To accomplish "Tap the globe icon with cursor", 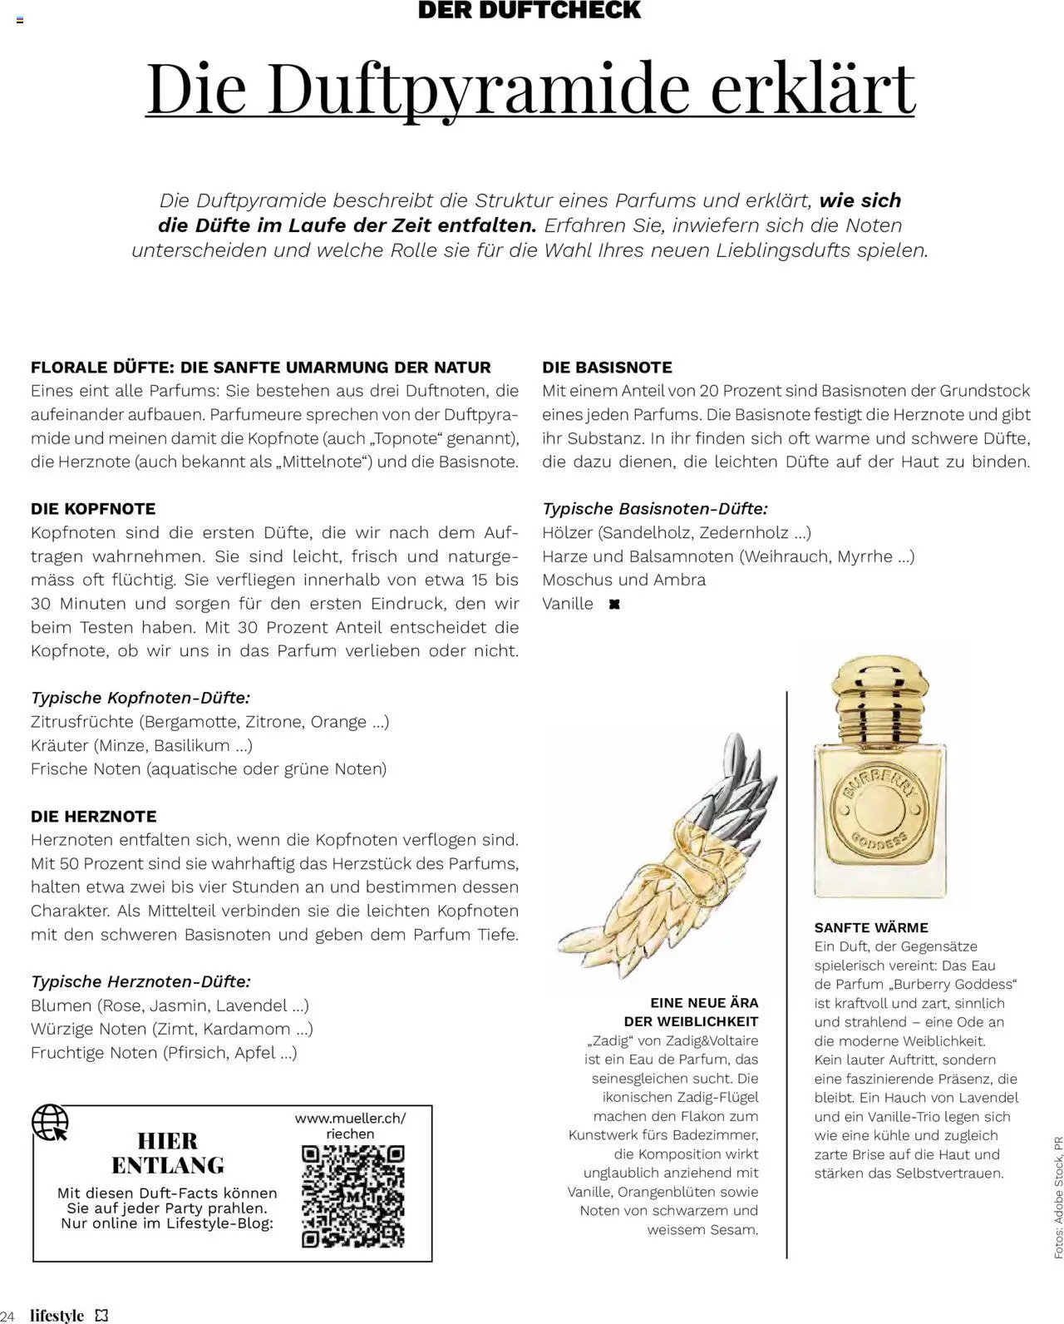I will coord(50,1122).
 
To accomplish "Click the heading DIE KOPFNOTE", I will coord(93,509).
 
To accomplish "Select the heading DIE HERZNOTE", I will coord(94,817).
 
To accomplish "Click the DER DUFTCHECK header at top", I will coord(530,11).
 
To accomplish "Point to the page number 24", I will coord(9,1316).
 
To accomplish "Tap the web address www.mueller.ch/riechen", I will coord(351,1125).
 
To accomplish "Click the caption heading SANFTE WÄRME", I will coord(871,927).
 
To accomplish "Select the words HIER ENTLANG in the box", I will coord(167,1153).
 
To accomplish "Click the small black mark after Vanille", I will coord(614,605).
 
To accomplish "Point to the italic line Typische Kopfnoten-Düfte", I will coord(140,698).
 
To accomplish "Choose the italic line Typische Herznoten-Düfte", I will coord(140,982).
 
